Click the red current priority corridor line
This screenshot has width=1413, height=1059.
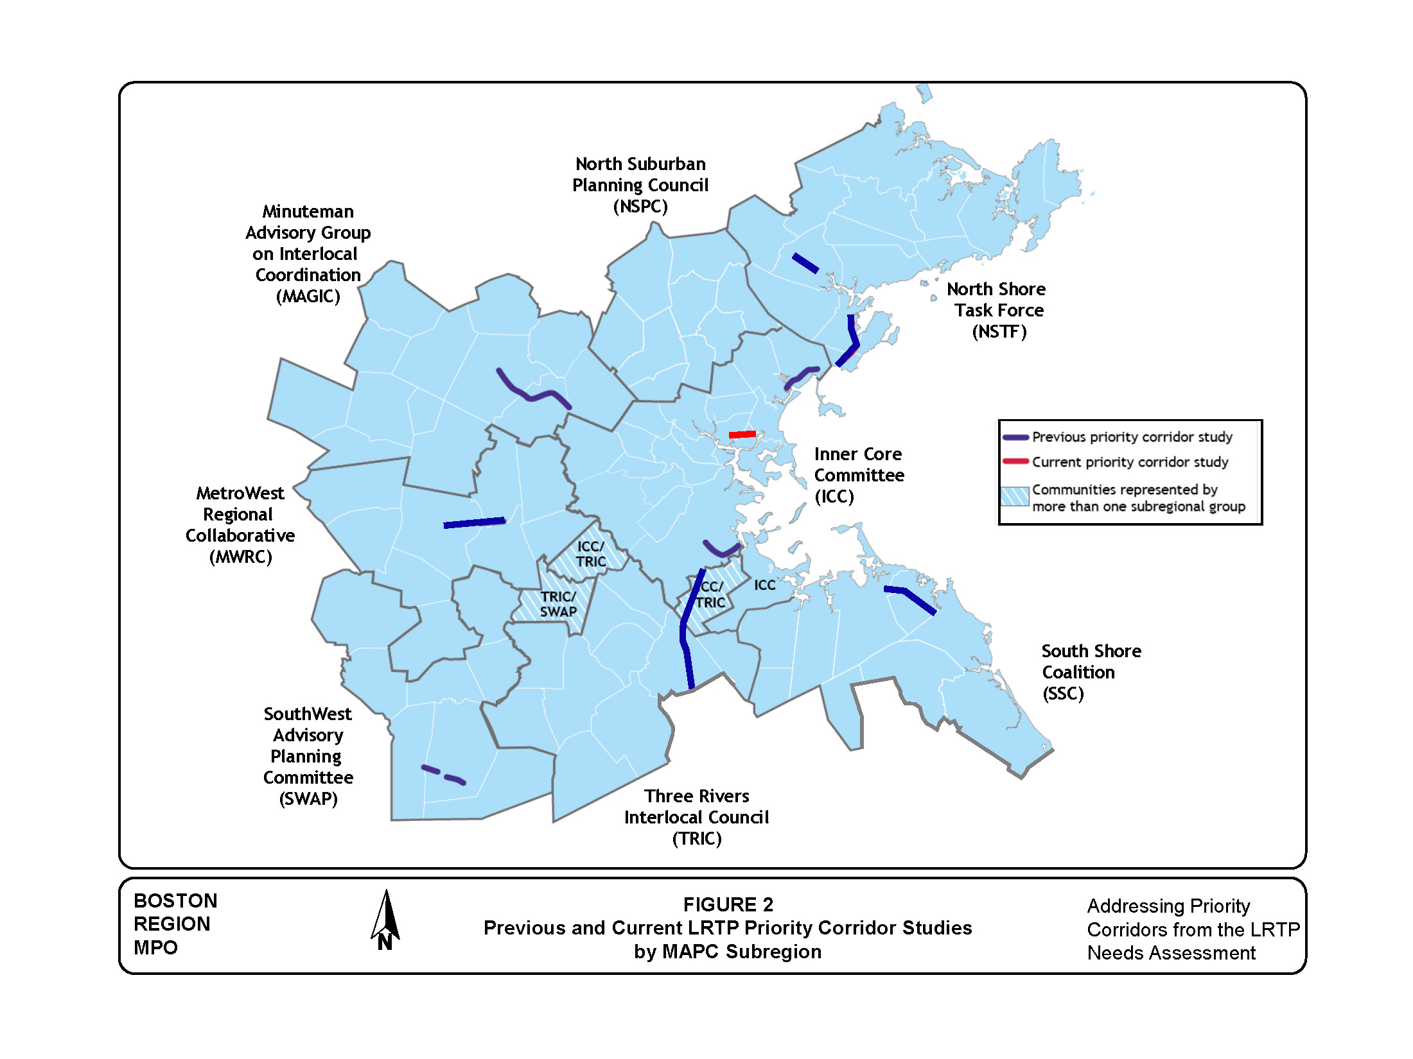point(742,435)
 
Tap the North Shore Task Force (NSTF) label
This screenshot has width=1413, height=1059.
point(997,310)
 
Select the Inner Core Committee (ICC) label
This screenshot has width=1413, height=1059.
point(859,475)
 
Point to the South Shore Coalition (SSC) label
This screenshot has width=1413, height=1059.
point(1091,672)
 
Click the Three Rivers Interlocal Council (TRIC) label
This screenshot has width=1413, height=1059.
point(697,817)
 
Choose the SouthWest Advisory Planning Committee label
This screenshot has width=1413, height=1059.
point(308,756)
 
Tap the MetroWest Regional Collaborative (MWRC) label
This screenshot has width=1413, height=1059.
point(240,524)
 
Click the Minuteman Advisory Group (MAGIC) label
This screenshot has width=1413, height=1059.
point(308,254)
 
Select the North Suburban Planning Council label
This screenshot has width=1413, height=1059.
point(640,185)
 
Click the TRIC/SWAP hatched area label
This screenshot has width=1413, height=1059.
point(558,604)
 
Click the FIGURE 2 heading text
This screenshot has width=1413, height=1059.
point(728,904)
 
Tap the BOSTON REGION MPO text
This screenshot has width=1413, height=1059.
point(175,924)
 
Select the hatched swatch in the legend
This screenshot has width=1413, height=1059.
point(1015,497)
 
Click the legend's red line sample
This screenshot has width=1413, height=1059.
point(1015,461)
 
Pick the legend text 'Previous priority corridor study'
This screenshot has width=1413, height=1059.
point(1132,437)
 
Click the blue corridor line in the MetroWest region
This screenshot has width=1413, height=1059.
point(474,523)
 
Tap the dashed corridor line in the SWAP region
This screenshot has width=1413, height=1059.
point(443,775)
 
